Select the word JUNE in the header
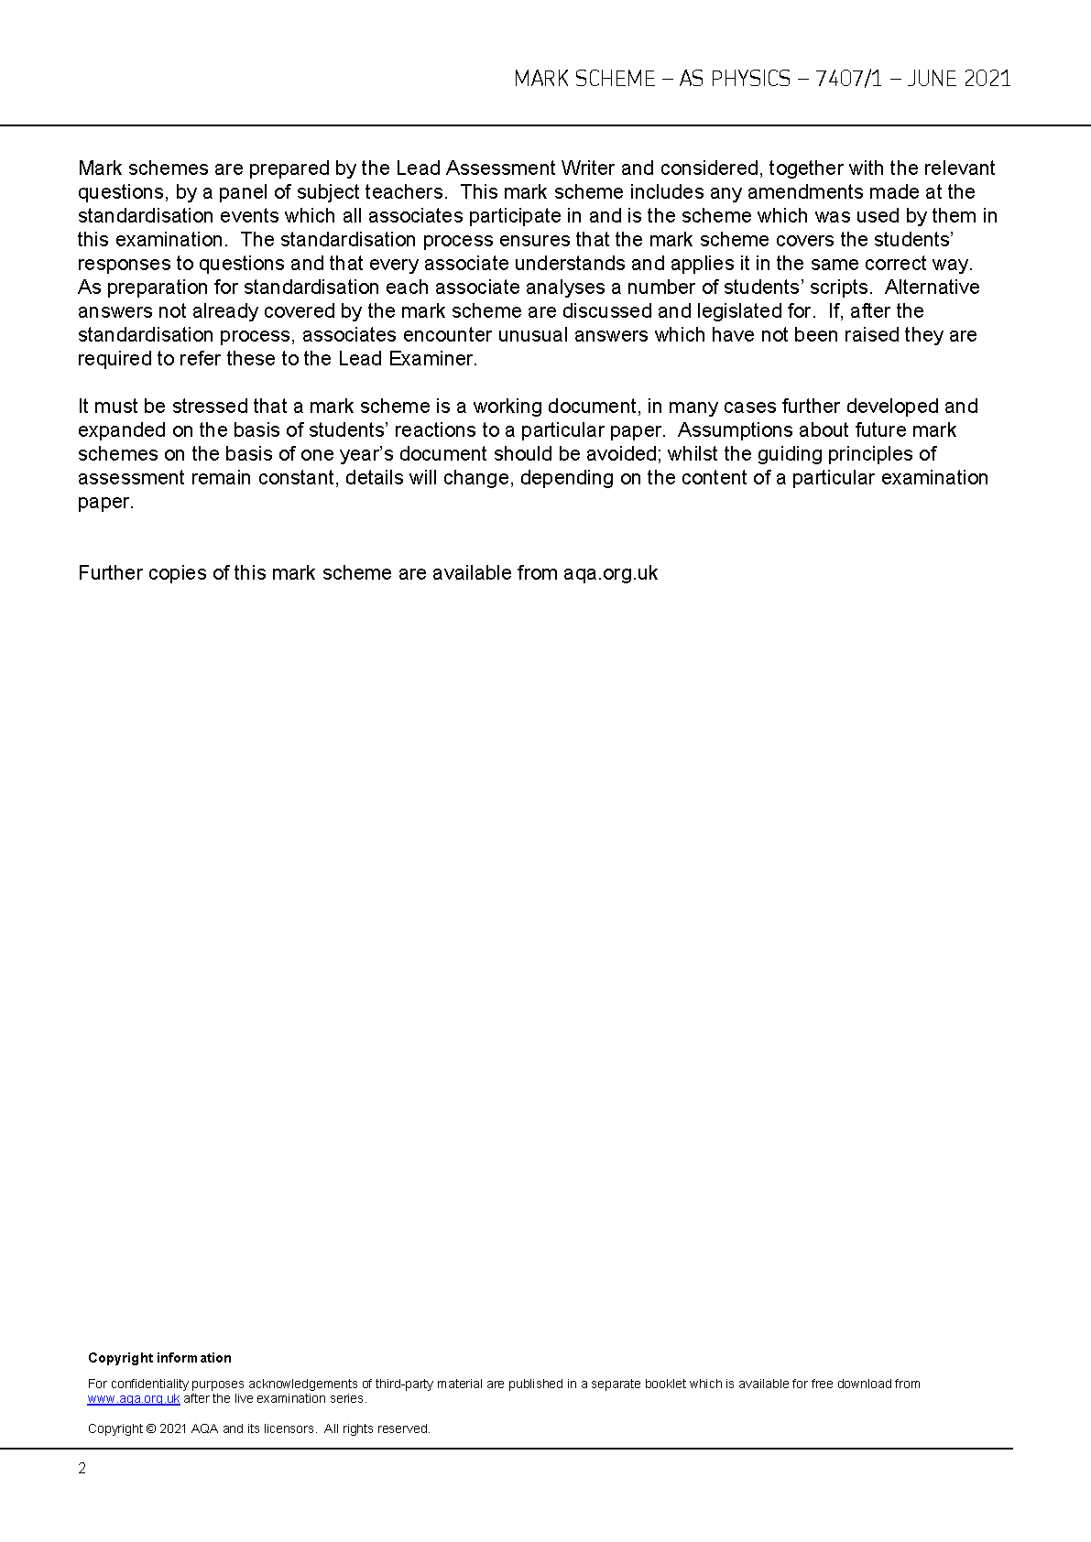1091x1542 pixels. tap(932, 79)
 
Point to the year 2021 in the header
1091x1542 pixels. tap(987, 79)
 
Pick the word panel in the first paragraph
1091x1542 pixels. tap(242, 192)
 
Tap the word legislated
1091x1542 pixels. tap(719, 311)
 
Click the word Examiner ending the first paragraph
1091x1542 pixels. tap(432, 359)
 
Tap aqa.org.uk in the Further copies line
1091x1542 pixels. tap(610, 573)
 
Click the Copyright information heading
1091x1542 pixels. tap(159, 1358)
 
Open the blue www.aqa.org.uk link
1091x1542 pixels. tap(134, 1399)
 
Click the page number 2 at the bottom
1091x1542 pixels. tap(82, 1469)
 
